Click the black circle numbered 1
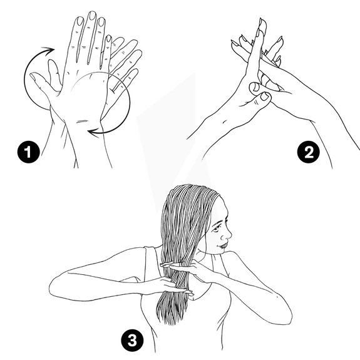(x=29, y=152)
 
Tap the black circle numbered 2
(x=308, y=152)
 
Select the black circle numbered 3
(x=133, y=340)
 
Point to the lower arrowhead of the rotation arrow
(x=93, y=133)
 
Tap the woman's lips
(x=223, y=245)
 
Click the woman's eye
(x=217, y=229)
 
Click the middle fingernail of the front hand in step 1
(x=92, y=16)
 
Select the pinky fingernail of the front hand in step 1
(x=108, y=39)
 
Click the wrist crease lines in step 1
(x=82, y=121)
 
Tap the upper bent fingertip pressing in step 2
(x=254, y=87)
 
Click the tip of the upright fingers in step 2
(x=262, y=23)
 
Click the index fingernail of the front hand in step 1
(x=80, y=21)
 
